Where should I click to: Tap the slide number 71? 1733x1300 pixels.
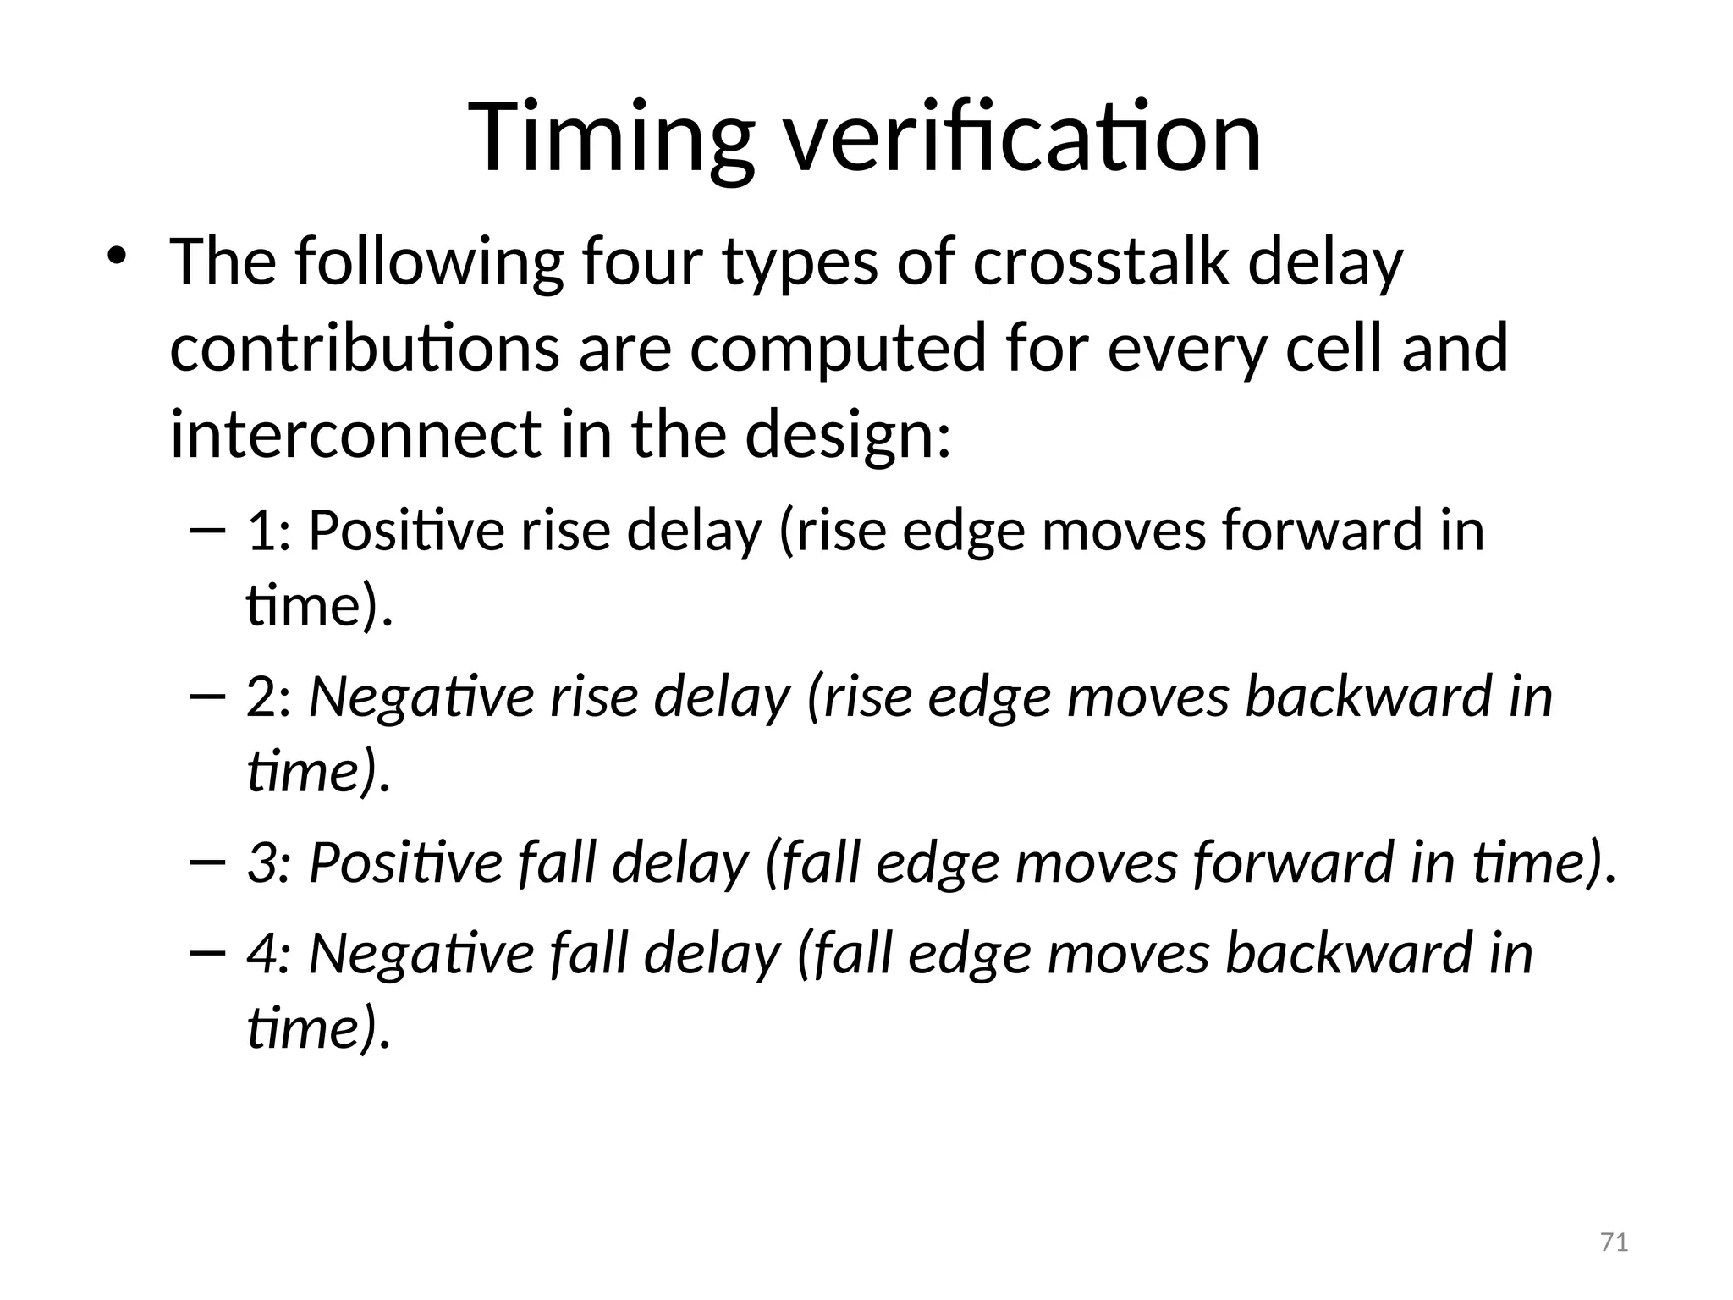(x=1615, y=1243)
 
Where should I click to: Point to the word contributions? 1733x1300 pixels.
(x=364, y=348)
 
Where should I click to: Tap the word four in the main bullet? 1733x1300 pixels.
(x=642, y=262)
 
